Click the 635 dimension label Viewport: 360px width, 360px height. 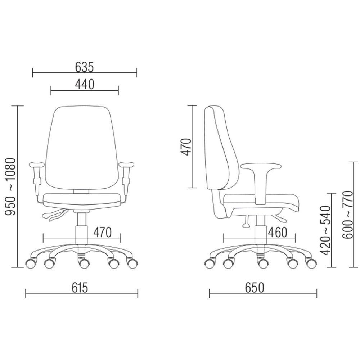tap(85, 67)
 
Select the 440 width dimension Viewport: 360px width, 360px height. tap(85, 84)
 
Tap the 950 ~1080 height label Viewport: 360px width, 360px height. tap(10, 186)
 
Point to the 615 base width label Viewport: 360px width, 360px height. tap(80, 287)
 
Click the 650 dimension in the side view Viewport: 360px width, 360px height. tap(255, 287)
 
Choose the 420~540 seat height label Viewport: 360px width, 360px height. tap(325, 230)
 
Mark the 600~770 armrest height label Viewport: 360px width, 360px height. tap(347, 215)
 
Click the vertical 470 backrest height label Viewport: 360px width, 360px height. tap(186, 147)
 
